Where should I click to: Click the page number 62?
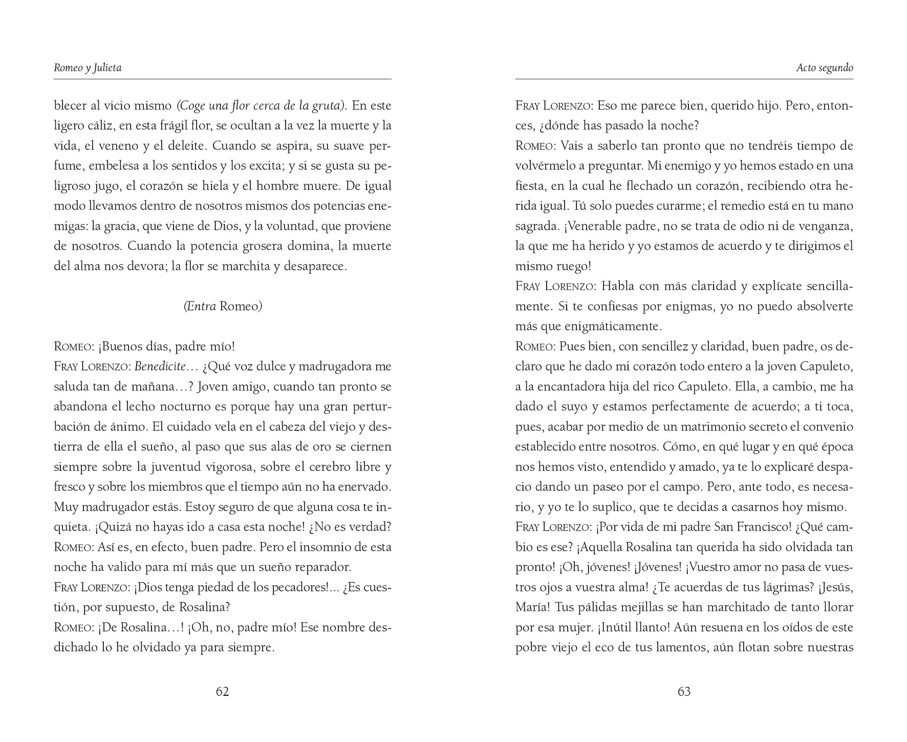coord(222,691)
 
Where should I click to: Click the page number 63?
coord(684,691)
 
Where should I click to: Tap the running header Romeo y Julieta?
coord(88,68)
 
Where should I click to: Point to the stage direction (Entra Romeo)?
coord(223,307)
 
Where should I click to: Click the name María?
coord(532,607)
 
